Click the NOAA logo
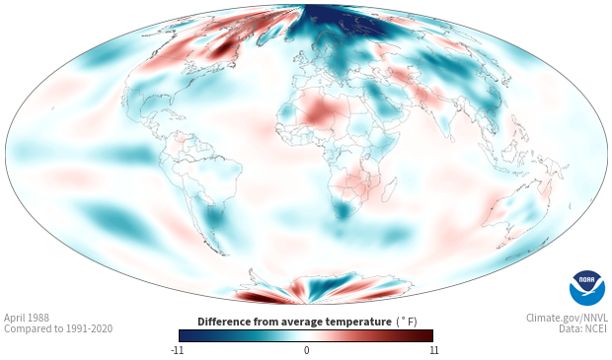click(x=587, y=288)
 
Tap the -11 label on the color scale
click(x=177, y=350)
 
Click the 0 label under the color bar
click(x=306, y=350)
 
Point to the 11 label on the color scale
click(x=433, y=350)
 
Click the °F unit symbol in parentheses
click(x=407, y=323)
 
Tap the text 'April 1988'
click(x=27, y=318)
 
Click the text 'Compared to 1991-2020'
click(x=58, y=328)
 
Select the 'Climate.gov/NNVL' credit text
click(x=567, y=318)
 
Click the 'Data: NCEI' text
click(x=583, y=328)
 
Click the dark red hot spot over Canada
click(x=224, y=48)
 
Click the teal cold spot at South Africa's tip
click(x=343, y=210)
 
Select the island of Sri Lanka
click(x=452, y=138)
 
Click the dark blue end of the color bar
click(x=186, y=335)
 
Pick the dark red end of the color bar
click(x=426, y=335)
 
